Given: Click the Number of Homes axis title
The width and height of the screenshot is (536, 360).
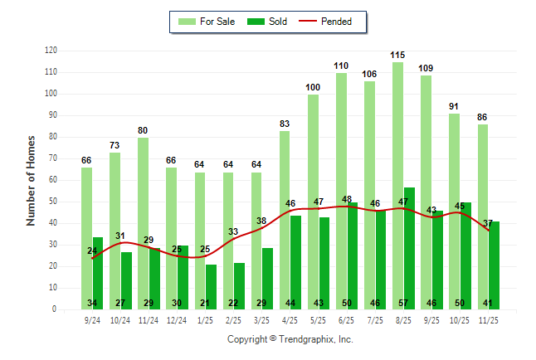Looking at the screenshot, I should pos(31,180).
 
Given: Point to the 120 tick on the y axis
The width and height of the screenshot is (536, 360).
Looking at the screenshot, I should pos(51,51).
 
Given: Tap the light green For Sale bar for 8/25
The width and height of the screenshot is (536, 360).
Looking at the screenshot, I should pos(398,182).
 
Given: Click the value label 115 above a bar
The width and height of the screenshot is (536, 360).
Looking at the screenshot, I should pos(398,55).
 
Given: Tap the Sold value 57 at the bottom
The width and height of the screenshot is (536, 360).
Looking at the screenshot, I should pos(409,304).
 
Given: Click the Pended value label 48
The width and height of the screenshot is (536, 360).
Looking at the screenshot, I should pos(347,199).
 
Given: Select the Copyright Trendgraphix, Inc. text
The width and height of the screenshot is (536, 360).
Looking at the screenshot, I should pos(290,339).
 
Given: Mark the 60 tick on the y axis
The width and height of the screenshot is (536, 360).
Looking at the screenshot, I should pos(53,180).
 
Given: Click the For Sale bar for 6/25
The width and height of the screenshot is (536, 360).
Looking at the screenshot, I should pos(342,191).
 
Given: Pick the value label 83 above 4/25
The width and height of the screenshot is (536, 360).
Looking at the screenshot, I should pos(285,124).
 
